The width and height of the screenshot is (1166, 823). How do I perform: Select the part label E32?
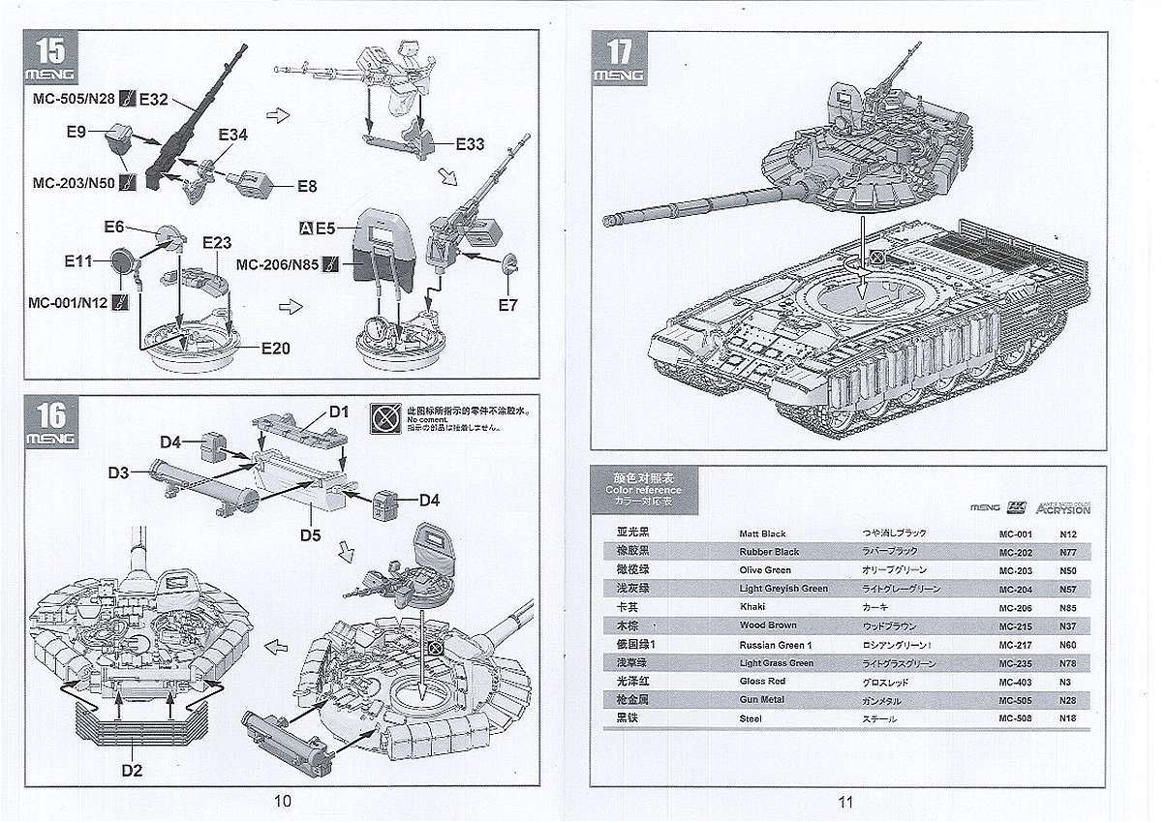(x=155, y=98)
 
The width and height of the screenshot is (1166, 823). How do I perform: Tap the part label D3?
(x=119, y=472)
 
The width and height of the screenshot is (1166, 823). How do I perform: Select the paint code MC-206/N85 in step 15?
(x=277, y=263)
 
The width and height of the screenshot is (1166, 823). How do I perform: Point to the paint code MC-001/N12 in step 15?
(x=72, y=301)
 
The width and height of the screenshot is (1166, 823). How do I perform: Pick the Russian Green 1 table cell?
(x=776, y=644)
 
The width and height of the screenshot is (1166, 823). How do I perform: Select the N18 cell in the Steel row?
(x=1068, y=718)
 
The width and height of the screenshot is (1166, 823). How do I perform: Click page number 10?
(x=283, y=801)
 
